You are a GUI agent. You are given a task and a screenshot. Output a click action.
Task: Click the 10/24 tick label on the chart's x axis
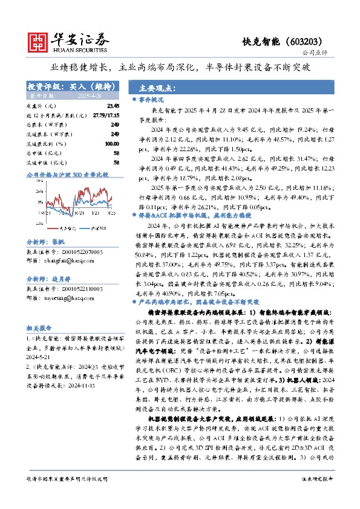point(78,213)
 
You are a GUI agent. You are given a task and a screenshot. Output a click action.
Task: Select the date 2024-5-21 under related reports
point(39,340)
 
